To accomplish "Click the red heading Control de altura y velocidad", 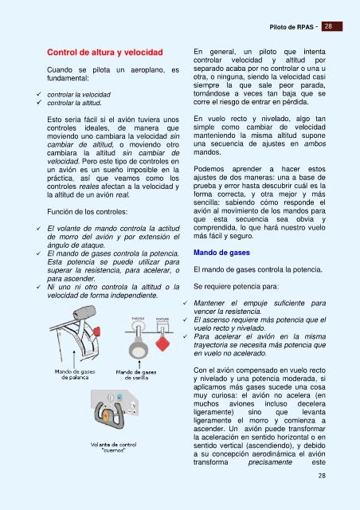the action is coord(104,53).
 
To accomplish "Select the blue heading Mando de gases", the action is coord(221,253).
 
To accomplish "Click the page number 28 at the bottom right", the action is coord(322,476).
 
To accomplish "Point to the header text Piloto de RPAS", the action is coord(292,27).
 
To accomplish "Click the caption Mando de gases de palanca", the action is coord(75,375).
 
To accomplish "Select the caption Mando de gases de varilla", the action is coord(136,375).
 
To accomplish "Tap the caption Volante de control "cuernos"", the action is coord(114,447).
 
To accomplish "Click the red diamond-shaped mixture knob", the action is coord(162,343).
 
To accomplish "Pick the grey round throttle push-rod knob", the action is coord(139,349).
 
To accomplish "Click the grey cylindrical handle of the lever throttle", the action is coord(84,312).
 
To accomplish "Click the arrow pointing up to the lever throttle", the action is coord(74,359).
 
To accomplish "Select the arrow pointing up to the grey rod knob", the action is coord(139,364).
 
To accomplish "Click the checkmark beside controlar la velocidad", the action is coord(39,94).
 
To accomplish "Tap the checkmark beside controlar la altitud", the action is coord(39,103).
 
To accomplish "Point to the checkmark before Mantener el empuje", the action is coord(185,303).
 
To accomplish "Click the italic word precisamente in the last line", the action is coord(270,462).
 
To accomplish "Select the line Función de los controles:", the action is coord(87,212).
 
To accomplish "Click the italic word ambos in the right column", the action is coord(315,143).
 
